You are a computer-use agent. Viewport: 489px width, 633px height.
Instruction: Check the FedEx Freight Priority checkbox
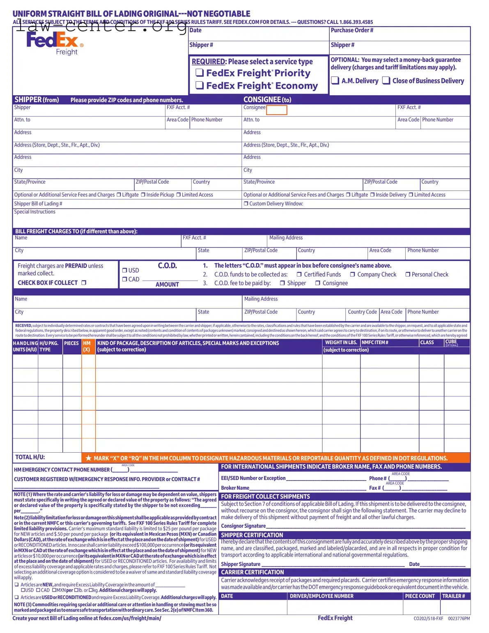pyautogui.click(x=200, y=73)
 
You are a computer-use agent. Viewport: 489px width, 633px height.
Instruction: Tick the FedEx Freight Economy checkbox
pyautogui.click(x=200, y=85)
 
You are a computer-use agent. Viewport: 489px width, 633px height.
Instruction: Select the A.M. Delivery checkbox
pyautogui.click(x=335, y=81)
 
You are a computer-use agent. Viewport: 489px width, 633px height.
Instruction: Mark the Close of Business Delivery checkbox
pyautogui.click(x=386, y=81)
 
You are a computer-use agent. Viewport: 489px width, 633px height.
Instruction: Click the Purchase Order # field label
pyautogui.click(x=352, y=30)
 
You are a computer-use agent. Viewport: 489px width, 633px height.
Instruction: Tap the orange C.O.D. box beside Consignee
pyautogui.click(x=276, y=110)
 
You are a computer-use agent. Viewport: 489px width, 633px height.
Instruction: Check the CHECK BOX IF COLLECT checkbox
pyautogui.click(x=84, y=283)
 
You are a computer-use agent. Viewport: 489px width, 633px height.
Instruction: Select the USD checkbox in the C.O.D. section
pyautogui.click(x=124, y=270)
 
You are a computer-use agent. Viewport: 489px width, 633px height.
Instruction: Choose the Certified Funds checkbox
pyautogui.click(x=299, y=274)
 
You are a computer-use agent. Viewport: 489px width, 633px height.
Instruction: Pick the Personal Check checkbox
pyautogui.click(x=408, y=274)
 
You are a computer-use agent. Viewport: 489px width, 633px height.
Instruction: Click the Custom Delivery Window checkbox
pyautogui.click(x=246, y=204)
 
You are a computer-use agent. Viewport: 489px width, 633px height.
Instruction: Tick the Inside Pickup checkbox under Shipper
pyautogui.click(x=143, y=195)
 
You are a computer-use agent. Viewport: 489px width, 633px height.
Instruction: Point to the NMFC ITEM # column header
pyautogui.click(x=374, y=343)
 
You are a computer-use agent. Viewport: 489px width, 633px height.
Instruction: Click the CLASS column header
pyautogui.click(x=427, y=343)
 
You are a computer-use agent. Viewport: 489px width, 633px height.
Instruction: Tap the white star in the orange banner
pyautogui.click(x=88, y=458)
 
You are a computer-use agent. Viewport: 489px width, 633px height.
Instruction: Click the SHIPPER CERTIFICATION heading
pyautogui.click(x=252, y=535)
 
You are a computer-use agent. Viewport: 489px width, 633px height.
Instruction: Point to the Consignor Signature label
pyautogui.click(x=243, y=526)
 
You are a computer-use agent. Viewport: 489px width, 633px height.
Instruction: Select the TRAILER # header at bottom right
pyautogui.click(x=453, y=596)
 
